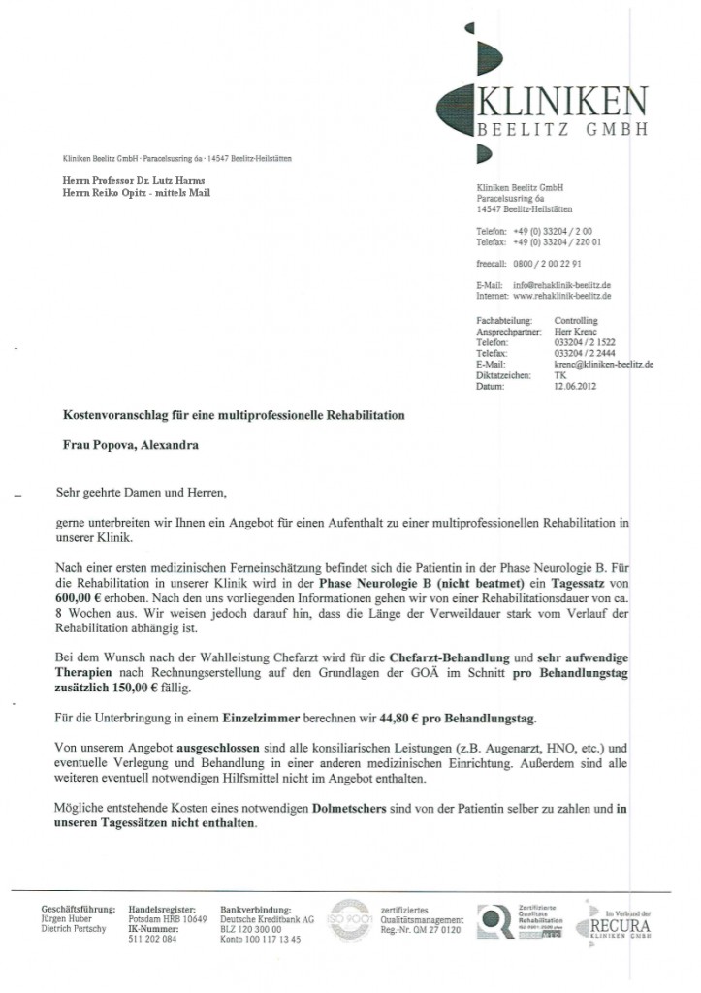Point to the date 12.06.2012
coord(574,387)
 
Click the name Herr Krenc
coord(571,332)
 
